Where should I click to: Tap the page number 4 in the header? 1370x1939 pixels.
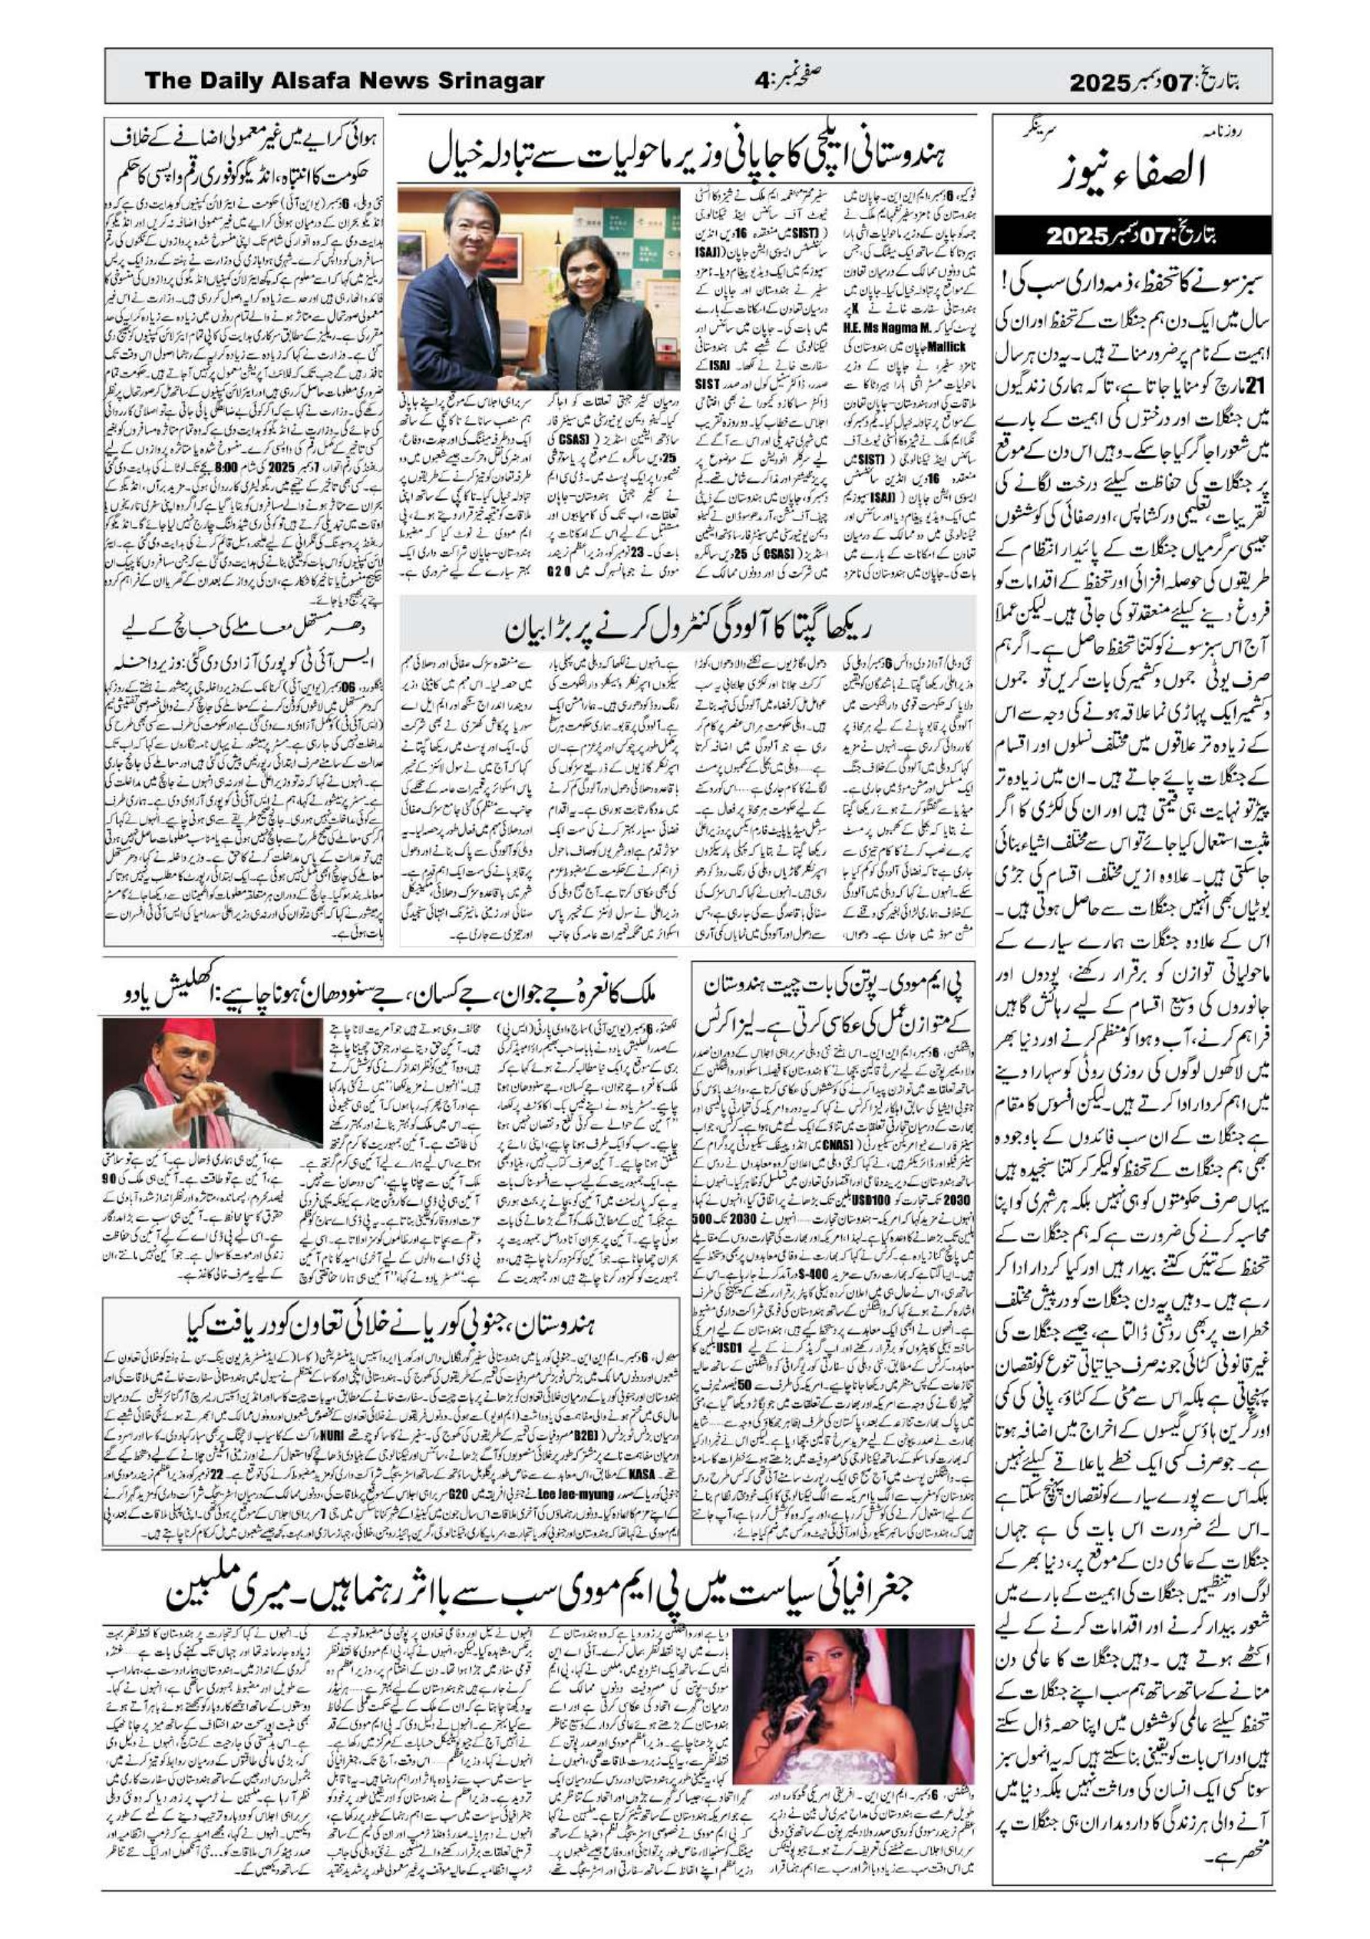click(x=761, y=81)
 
